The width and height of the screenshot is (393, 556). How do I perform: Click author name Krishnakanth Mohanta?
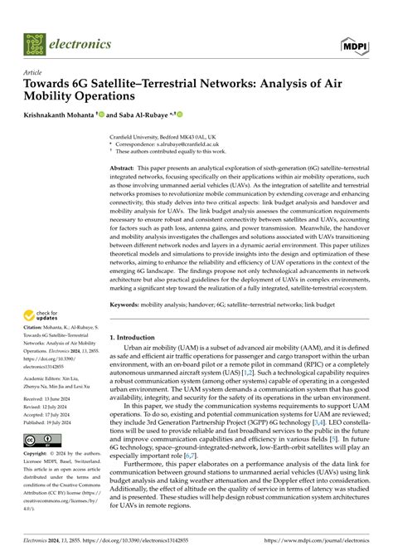[x=61, y=115]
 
